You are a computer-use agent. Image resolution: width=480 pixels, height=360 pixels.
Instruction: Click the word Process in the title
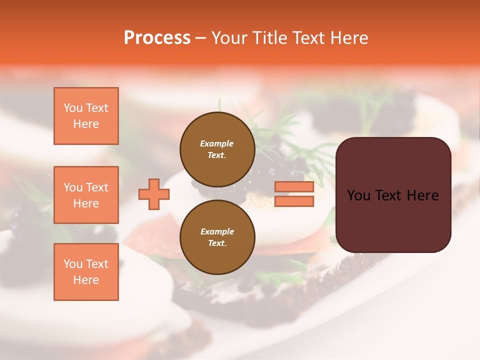point(157,38)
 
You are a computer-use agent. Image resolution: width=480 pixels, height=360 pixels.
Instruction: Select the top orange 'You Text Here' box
point(86,116)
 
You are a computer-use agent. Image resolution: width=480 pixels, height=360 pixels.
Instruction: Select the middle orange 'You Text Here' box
point(86,195)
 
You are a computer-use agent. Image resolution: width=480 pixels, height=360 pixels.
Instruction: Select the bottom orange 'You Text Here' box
point(86,272)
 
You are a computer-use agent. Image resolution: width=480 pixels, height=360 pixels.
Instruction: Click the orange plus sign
point(154,194)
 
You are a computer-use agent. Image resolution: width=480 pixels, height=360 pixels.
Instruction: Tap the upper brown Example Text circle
point(217,149)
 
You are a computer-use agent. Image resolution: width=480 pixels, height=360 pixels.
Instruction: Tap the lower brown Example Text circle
point(217,237)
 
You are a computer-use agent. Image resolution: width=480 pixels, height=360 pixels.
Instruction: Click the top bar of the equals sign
point(294,187)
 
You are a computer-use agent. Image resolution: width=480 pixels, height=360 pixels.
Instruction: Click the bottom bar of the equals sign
point(294,201)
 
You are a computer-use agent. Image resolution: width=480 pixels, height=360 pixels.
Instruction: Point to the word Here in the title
point(348,38)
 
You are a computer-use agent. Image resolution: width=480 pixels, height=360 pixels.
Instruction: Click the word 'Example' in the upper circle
point(217,143)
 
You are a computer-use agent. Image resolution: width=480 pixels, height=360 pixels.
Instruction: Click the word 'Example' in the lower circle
point(217,231)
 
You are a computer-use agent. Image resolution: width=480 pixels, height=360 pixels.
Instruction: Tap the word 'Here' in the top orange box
point(86,124)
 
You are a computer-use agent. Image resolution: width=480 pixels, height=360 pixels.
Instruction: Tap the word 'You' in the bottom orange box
point(73,264)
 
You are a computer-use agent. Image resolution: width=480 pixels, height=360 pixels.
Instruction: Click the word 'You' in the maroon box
point(358,195)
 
